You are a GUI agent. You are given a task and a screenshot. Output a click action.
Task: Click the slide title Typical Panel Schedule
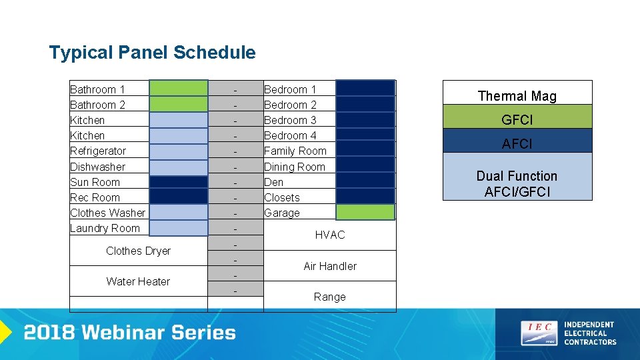click(152, 53)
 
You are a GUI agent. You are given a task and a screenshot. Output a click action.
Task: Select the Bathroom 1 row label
click(97, 89)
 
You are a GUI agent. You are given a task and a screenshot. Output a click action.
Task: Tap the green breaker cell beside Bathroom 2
click(178, 104)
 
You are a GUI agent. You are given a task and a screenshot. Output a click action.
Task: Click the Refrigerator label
click(98, 151)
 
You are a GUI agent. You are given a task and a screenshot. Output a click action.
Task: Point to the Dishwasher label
click(97, 167)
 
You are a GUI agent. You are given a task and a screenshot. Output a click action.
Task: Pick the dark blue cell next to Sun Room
click(178, 181)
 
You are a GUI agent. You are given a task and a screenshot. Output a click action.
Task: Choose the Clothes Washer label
click(107, 213)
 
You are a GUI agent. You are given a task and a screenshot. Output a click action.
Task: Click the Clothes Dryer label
click(138, 251)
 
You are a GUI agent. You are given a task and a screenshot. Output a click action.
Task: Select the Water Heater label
click(138, 281)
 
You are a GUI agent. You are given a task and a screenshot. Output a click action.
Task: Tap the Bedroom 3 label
click(290, 120)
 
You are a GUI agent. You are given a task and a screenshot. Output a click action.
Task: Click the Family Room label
click(295, 151)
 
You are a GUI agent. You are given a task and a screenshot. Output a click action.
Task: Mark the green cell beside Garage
click(365, 212)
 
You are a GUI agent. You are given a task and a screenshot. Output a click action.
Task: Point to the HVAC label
click(329, 235)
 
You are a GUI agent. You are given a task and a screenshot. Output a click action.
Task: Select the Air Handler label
click(329, 266)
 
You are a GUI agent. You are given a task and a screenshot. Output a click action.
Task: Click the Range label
click(329, 297)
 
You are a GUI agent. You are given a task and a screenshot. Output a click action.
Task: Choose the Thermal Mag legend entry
click(517, 95)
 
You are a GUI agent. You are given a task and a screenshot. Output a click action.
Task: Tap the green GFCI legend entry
click(517, 119)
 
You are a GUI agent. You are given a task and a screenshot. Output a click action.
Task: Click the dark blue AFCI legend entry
click(517, 143)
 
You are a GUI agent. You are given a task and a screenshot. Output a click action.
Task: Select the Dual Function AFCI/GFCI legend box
click(517, 183)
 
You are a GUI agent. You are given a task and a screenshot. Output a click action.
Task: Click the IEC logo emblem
click(539, 333)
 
